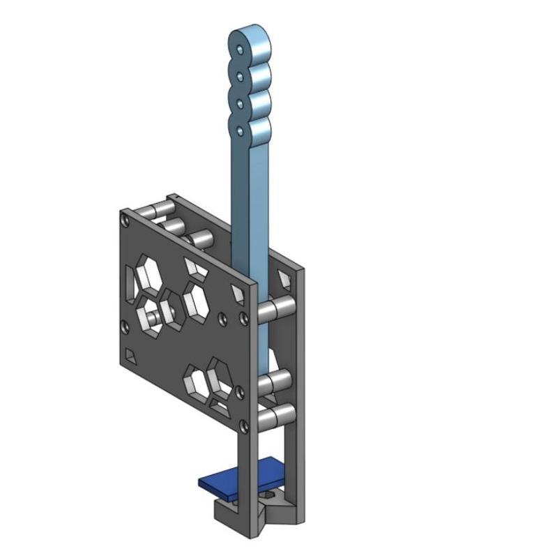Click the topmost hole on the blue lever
tap(241, 50)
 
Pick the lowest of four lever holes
tap(240, 130)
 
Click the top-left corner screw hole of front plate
tap(125, 221)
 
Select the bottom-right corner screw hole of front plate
tap(243, 424)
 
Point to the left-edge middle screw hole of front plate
tap(124, 325)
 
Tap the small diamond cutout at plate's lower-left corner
tap(130, 357)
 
